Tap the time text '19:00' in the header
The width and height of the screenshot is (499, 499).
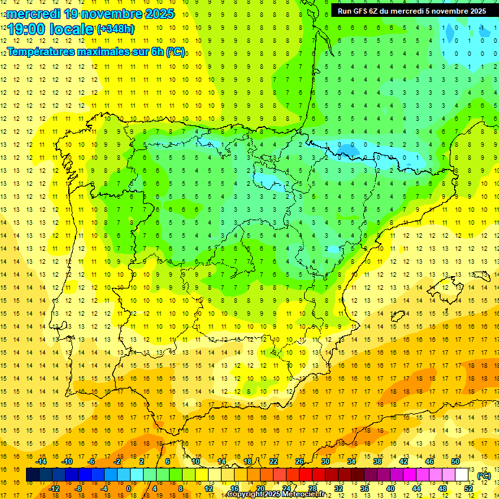25,29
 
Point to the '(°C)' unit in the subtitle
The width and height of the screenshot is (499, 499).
175,51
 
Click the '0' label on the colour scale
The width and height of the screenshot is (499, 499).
129,489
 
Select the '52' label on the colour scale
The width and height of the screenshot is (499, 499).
468,489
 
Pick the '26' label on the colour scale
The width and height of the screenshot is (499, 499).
300,461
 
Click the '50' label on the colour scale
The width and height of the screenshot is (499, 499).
455,461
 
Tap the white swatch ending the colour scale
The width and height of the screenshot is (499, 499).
462,475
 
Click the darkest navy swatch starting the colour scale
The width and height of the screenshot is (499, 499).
33,475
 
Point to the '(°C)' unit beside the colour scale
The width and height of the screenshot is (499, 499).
484,475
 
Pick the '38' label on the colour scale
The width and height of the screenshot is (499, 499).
377,461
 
